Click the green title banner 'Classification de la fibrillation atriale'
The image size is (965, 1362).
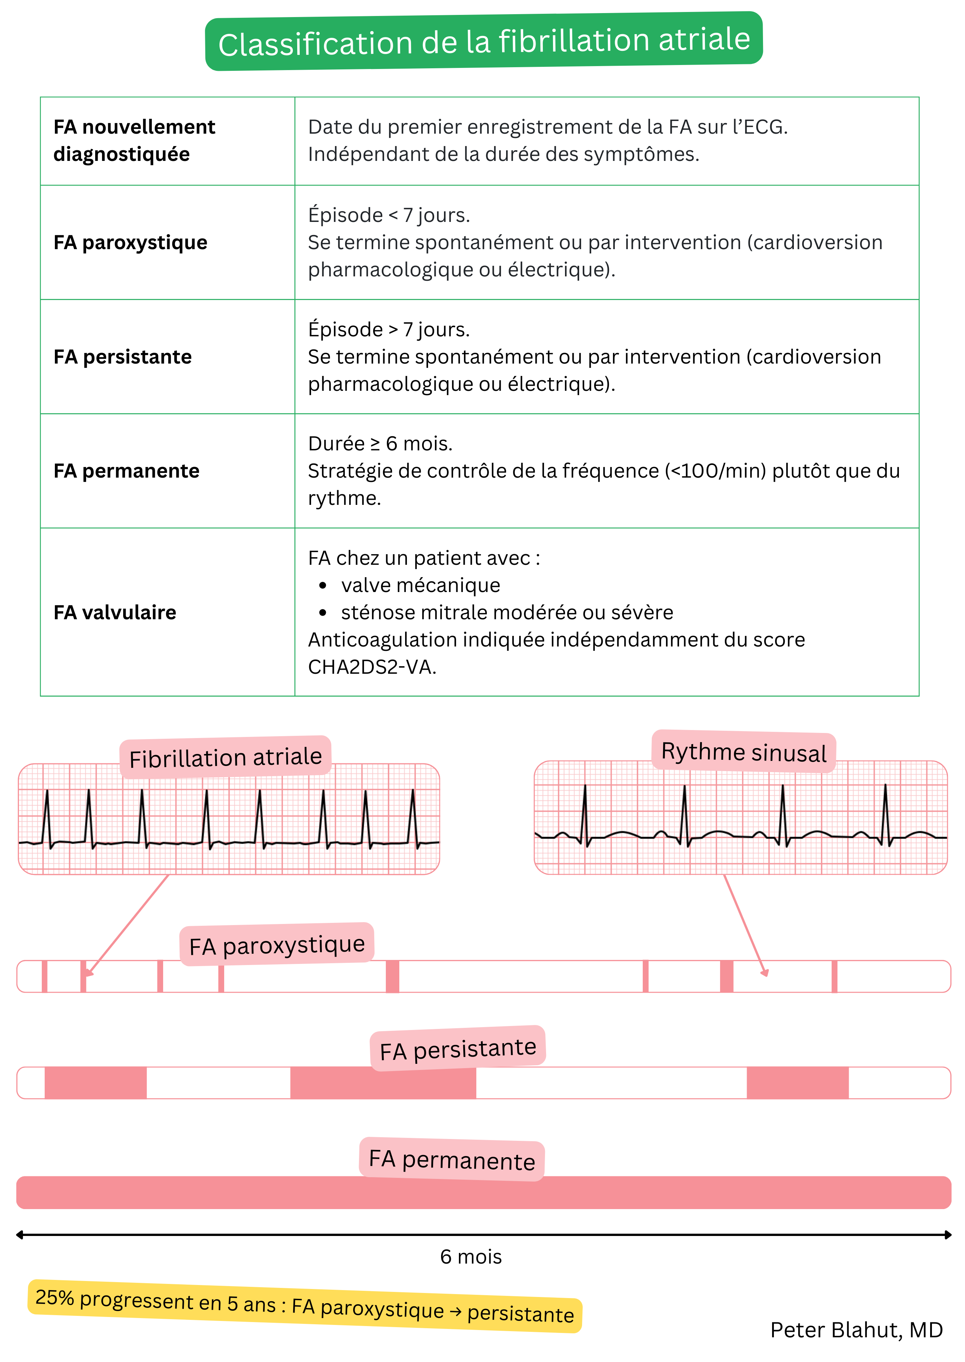pos(484,41)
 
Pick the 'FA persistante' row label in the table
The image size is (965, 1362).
pos(122,357)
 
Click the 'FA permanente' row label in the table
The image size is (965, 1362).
pos(126,471)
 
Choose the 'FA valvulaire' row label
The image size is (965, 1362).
pos(115,612)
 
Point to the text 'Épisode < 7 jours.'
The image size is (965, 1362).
pos(389,215)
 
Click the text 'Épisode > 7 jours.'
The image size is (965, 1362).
pos(389,330)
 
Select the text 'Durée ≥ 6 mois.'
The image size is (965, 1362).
pos(380,444)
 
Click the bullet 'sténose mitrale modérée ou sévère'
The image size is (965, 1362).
pos(507,612)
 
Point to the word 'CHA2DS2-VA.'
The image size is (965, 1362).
pos(372,667)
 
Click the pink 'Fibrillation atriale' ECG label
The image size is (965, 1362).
pos(225,757)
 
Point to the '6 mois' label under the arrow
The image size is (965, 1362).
pos(471,1257)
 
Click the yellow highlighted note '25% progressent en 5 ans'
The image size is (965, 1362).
pos(304,1306)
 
